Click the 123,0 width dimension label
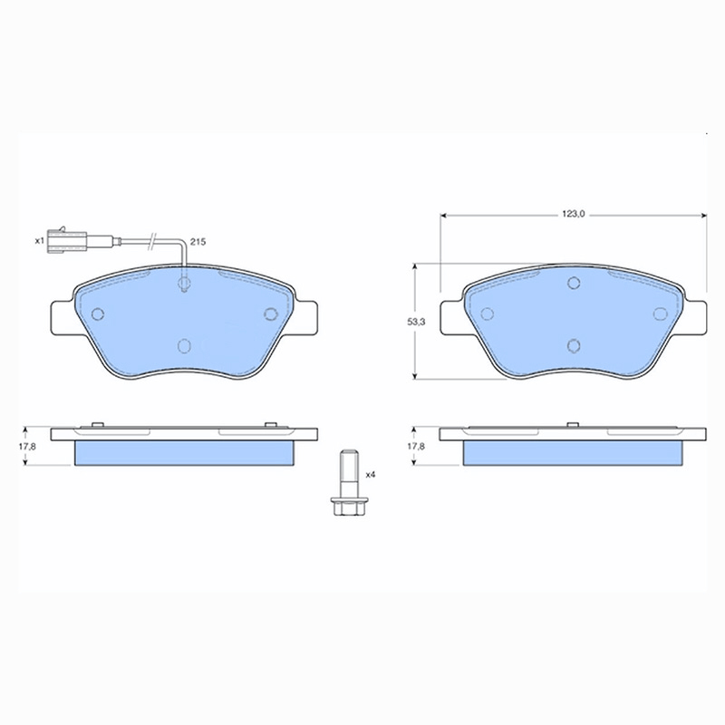(574, 214)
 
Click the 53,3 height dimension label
(416, 323)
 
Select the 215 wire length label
(198, 242)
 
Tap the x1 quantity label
(39, 240)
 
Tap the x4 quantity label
(371, 475)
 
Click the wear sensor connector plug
(66, 240)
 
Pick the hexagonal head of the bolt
(348, 507)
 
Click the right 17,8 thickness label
(416, 447)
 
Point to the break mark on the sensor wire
(151, 241)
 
